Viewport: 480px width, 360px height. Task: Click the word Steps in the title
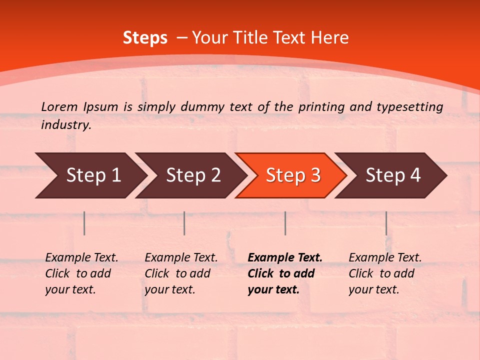tap(145, 38)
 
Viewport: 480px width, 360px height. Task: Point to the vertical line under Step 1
tap(84, 223)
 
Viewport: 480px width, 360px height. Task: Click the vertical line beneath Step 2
tap(184, 223)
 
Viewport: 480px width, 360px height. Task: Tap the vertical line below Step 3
tap(285, 223)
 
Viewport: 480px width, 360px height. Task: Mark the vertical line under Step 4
tap(386, 223)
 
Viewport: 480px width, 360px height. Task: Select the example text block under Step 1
tap(81, 273)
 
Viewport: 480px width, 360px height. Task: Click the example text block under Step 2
tap(181, 273)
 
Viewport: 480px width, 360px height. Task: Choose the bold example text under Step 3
tap(285, 273)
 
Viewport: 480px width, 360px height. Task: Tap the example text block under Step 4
tap(385, 273)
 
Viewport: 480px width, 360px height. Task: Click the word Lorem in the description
tap(59, 106)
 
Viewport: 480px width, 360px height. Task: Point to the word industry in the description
tap(65, 125)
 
